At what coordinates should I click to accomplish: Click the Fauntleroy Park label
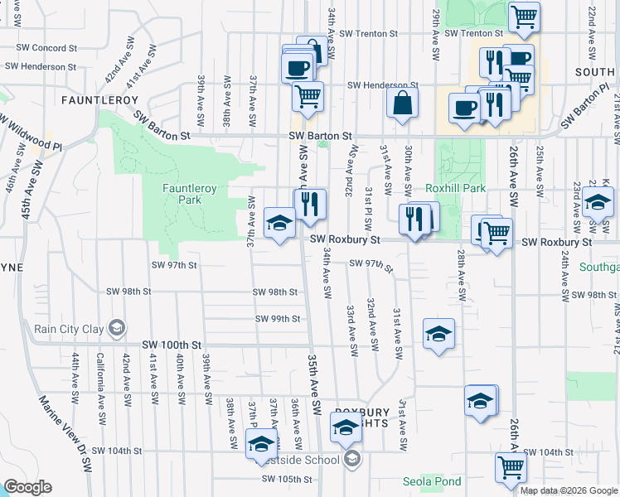pos(190,194)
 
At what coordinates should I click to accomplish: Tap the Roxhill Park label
pos(455,188)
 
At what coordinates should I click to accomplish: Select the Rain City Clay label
pos(69,329)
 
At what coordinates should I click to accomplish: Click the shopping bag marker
pos(402,104)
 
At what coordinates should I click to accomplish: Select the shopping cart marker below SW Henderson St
pos(308,96)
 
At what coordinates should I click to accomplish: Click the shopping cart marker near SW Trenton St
pos(524,17)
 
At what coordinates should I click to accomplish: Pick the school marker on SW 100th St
pos(438,334)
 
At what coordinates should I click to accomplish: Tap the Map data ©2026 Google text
pos(568,490)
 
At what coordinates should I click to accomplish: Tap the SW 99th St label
pos(277,318)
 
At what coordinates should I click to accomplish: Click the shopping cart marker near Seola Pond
pos(510,468)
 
